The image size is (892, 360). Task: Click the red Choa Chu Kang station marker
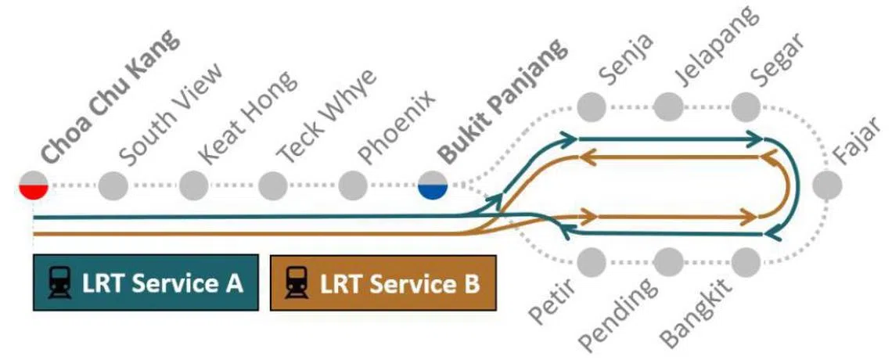34,186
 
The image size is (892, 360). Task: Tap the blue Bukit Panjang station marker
432,186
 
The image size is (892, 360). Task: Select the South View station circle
113,186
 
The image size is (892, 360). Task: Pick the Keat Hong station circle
193,186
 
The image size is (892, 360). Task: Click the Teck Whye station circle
272,186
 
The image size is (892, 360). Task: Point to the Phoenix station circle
353,186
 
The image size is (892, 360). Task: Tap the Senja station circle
590,104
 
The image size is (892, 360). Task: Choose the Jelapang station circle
669,104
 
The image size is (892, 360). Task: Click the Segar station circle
747,104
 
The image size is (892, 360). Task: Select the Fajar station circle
827,186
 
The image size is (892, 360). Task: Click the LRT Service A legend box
146,283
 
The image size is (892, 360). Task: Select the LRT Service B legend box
383,283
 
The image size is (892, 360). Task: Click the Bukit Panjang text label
501,102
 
